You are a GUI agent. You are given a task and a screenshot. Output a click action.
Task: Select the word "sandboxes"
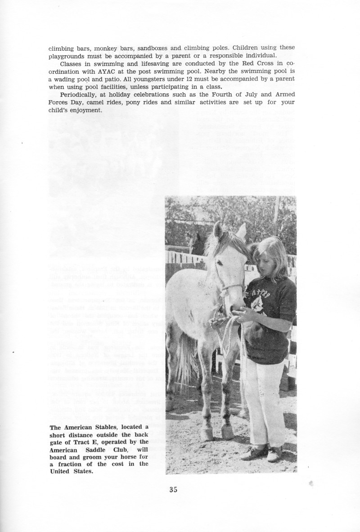point(154,48)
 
